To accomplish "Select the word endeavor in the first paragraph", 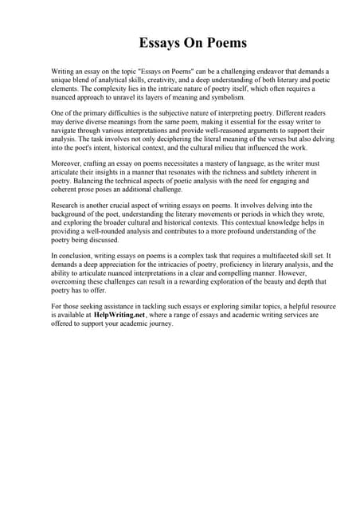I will point(267,71).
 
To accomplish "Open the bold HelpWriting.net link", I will point(116,314).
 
